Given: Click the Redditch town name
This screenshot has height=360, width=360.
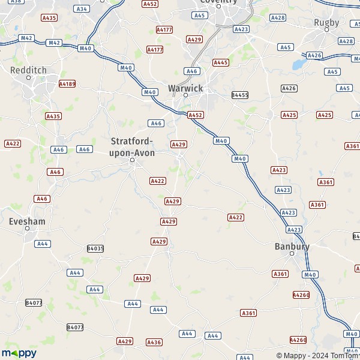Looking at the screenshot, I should click(x=28, y=70).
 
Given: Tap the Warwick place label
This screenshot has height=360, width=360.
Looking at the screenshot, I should click(x=186, y=88).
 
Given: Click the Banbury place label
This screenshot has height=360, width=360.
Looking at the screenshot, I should click(x=292, y=246).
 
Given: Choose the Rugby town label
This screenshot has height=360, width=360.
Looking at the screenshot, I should click(x=326, y=23).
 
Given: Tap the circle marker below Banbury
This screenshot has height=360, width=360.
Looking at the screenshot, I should click(x=292, y=254).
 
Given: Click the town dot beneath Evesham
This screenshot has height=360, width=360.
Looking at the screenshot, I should click(x=27, y=229).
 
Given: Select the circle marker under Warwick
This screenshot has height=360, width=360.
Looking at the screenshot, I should click(x=185, y=95).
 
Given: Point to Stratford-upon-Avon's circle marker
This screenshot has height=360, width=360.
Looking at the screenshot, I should click(x=133, y=160).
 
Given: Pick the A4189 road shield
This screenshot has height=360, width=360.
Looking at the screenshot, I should click(x=67, y=84).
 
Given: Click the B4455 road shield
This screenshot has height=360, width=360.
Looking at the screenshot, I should click(x=240, y=95).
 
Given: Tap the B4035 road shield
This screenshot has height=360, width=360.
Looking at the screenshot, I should click(x=95, y=248).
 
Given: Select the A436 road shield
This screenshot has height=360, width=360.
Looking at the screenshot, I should click(x=154, y=342).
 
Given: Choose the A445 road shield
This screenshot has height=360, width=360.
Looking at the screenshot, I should click(x=221, y=62).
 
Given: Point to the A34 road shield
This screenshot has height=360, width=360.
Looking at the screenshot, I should click(x=82, y=9).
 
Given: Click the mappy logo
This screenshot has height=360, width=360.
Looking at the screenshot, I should click(x=19, y=353).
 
